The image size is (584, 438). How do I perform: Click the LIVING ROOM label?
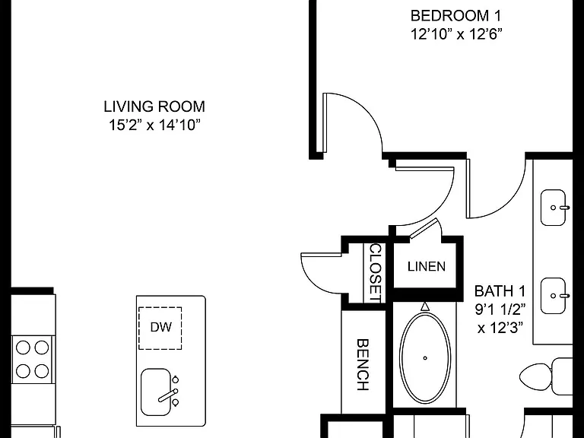click(154, 106)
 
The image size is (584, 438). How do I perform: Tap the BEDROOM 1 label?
click(455, 16)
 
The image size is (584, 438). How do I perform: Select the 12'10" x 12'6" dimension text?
click(456, 34)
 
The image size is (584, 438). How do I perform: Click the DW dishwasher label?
click(161, 327)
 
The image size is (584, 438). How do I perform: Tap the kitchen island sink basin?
click(156, 392)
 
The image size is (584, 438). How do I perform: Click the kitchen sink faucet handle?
click(167, 396)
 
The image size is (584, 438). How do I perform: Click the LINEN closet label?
click(427, 266)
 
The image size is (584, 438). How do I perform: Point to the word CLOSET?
click(375, 273)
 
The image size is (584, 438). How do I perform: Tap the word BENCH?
click(363, 365)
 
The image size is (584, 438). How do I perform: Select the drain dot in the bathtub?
click(425, 358)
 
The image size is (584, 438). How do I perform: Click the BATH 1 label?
click(500, 291)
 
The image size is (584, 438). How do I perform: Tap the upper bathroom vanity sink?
click(554, 208)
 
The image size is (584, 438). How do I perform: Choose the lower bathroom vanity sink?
click(554, 296)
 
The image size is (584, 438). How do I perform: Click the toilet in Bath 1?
click(546, 376)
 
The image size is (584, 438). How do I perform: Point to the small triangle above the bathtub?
click(425, 307)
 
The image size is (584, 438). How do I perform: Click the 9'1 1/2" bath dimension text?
click(500, 309)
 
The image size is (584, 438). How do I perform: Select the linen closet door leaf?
click(424, 227)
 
